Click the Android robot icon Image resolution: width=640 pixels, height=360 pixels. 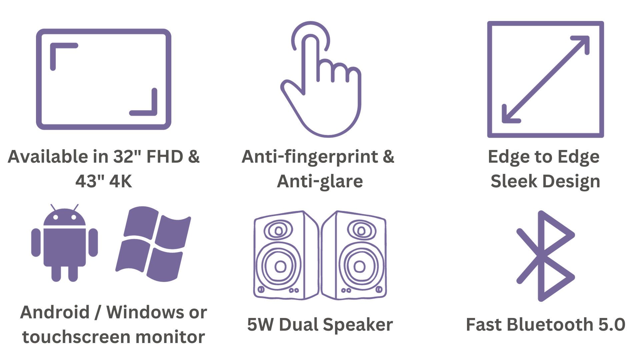[x=65, y=243]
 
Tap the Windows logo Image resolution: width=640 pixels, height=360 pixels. [x=153, y=244]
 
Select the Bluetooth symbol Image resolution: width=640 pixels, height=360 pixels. [x=545, y=256]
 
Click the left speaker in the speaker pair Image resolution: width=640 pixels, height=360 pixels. [x=286, y=255]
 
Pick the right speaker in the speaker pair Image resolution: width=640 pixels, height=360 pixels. [x=354, y=255]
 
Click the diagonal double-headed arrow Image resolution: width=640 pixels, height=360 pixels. [x=546, y=79]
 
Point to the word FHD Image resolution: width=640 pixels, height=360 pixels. [x=165, y=157]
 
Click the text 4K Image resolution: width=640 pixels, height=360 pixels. [x=121, y=181]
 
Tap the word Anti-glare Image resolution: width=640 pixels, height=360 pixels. [x=320, y=182]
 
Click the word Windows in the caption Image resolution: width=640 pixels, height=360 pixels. [x=145, y=312]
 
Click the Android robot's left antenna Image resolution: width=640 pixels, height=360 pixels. [x=53, y=207]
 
